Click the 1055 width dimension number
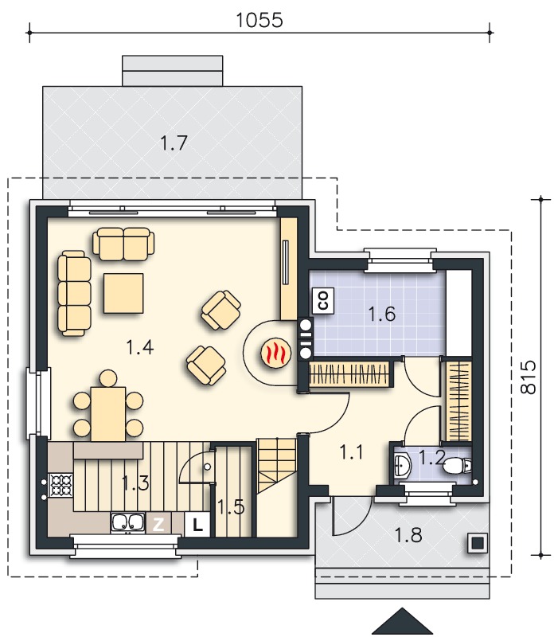[259, 20]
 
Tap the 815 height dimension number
[528, 377]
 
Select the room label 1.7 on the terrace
[174, 143]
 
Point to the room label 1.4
[140, 348]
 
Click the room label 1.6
[381, 314]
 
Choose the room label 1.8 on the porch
[408, 535]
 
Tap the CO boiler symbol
[324, 301]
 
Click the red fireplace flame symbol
[276, 352]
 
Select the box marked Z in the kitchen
[158, 524]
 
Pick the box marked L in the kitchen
[197, 524]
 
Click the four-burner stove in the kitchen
[60, 485]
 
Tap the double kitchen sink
[128, 523]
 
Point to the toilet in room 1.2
[457, 467]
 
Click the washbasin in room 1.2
[403, 465]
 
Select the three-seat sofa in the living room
[74, 293]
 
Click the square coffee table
[123, 293]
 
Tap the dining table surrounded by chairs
[108, 414]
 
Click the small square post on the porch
[478, 543]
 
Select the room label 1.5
[231, 507]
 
